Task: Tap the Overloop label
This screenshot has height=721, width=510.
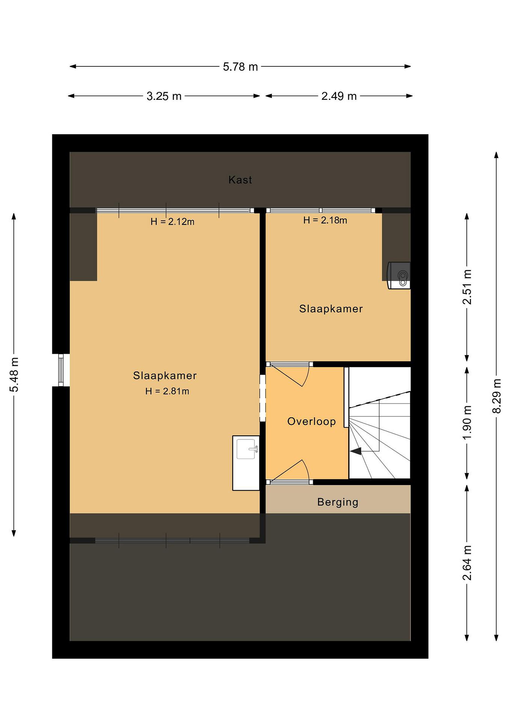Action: pos(311,421)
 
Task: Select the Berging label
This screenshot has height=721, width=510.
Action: pos(337,502)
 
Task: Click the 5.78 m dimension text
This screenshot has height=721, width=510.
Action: pos(240,67)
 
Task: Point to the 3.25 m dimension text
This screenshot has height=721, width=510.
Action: pos(164,96)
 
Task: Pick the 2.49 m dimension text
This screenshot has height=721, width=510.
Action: pos(339,96)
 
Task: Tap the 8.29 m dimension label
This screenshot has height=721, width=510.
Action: pos(497,396)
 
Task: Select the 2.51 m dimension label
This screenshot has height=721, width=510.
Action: pos(467,287)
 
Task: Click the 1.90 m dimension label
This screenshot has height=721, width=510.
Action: pos(467,423)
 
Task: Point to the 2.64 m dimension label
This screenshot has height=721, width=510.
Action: pos(467,563)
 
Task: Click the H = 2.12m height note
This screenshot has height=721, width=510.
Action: pos(173,222)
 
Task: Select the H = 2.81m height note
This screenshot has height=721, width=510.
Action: pos(167,391)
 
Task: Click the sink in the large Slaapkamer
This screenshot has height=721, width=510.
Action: pos(246,463)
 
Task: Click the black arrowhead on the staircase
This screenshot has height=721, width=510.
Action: pos(356,451)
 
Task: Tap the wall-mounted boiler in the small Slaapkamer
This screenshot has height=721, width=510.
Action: pos(399,275)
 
